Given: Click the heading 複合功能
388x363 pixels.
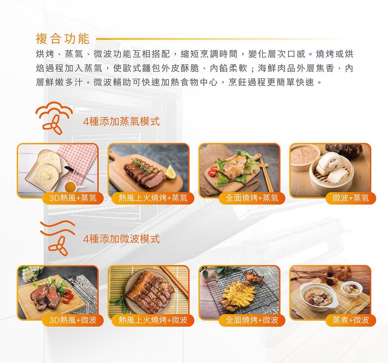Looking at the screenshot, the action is [x=62, y=38].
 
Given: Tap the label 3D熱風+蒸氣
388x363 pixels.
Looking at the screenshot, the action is [x=73, y=198].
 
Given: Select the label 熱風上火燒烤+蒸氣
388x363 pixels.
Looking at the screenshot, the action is [x=153, y=198].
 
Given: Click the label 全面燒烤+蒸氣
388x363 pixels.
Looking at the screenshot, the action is [x=252, y=198].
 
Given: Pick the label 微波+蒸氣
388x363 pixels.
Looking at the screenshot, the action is [x=351, y=198].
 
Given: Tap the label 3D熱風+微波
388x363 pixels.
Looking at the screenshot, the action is [x=73, y=320].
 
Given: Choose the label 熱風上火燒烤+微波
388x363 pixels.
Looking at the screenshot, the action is [x=153, y=320].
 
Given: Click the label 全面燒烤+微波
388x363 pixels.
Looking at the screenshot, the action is [x=252, y=320].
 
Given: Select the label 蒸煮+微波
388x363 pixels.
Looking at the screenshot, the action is [x=351, y=320].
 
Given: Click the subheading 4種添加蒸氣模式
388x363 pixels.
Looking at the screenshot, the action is [x=121, y=122].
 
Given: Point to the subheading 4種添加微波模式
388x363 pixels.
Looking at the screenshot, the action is [x=121, y=239].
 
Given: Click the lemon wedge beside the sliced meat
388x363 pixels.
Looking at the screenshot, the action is [x=170, y=172].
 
